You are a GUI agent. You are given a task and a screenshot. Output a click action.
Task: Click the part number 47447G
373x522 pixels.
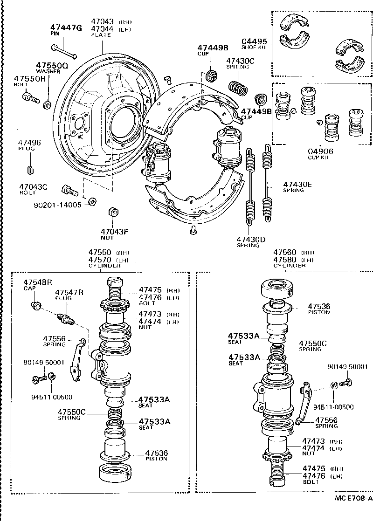66,28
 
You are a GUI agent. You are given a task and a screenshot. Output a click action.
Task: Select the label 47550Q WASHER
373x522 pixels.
52,68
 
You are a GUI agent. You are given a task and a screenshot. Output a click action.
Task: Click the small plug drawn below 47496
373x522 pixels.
30,168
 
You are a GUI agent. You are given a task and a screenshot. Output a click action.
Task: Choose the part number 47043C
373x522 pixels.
34,187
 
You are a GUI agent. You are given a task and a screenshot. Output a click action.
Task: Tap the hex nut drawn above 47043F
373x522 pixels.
112,212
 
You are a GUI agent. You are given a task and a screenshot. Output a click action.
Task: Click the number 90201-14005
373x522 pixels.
57,205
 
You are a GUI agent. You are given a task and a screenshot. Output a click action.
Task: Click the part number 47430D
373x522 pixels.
251,240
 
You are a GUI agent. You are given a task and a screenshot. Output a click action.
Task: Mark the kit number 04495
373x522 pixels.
255,41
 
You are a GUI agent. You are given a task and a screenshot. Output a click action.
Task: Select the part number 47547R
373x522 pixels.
69,292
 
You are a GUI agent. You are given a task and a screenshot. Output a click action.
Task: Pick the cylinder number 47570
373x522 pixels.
100,260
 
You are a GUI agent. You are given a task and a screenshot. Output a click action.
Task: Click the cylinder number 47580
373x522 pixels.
284,259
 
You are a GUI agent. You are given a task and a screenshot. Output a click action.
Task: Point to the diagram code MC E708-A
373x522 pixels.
353,498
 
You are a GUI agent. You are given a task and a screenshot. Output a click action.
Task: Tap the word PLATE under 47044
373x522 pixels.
101,35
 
